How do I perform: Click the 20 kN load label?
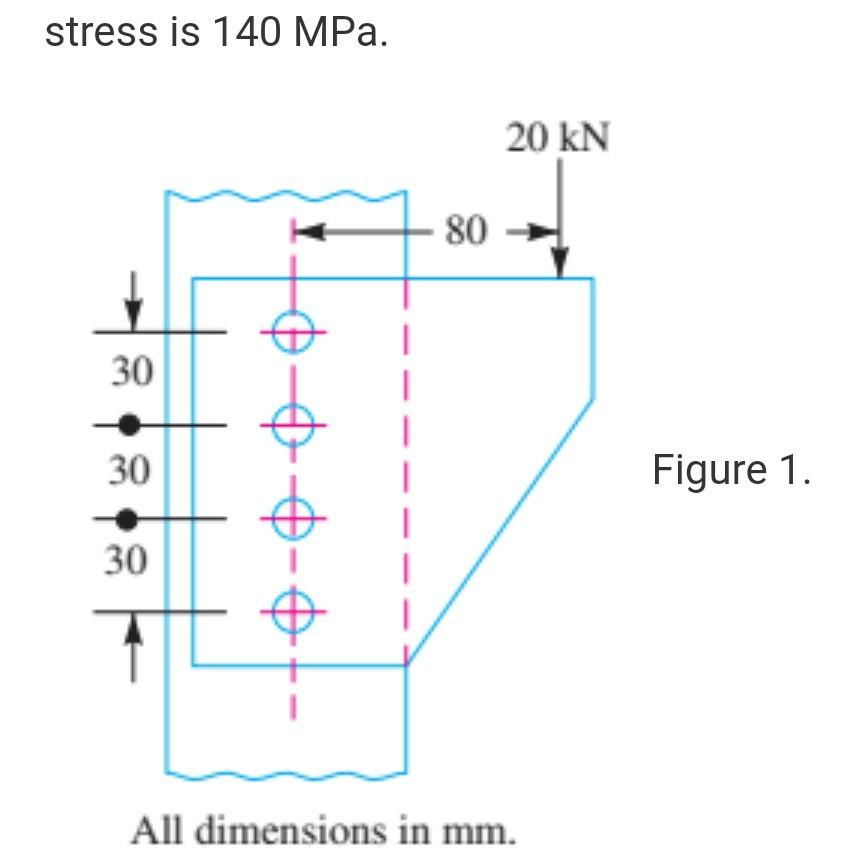557,138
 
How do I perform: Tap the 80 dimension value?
465,232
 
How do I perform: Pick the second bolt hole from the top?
293,425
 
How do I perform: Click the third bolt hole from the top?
293,518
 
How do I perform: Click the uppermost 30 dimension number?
131,372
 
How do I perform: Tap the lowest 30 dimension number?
127,561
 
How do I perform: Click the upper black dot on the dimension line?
129,425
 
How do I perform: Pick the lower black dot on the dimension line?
127,519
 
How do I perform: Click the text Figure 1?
731,469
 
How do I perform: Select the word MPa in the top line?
340,32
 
